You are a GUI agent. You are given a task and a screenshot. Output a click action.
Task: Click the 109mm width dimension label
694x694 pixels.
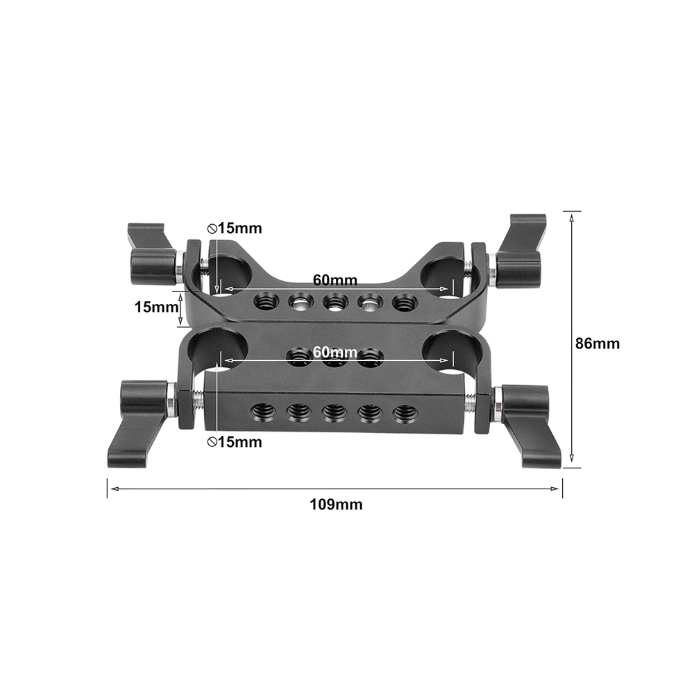[x=335, y=505]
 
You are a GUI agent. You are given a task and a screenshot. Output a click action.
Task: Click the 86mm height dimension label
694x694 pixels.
[x=598, y=344]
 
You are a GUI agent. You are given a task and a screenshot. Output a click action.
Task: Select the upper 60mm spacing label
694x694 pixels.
[x=335, y=280]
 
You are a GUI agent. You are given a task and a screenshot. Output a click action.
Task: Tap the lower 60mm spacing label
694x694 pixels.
[x=335, y=353]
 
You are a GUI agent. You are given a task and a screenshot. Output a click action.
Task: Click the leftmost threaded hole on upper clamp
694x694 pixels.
[x=264, y=301]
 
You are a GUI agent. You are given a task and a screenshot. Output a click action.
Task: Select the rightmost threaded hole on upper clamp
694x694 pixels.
[x=403, y=303]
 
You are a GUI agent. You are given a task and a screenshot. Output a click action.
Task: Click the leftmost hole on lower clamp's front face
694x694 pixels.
[x=264, y=412]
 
